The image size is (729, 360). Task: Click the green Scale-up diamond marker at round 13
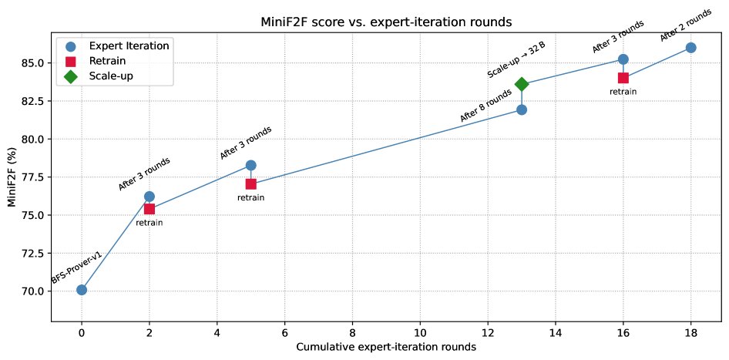[x=522, y=84]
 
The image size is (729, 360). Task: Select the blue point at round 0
[x=82, y=290]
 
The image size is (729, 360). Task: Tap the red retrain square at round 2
[x=149, y=209]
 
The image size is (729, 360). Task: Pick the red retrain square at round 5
[x=250, y=184]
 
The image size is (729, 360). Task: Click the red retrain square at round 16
[x=623, y=78]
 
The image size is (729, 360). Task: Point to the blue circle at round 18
[x=690, y=48]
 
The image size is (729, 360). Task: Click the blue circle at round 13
[x=522, y=109]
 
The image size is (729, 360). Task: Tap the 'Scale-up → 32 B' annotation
[x=516, y=59]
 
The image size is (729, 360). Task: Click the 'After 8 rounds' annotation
[x=485, y=106]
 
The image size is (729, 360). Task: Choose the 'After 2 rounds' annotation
[x=685, y=25]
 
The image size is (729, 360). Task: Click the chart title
[x=386, y=22]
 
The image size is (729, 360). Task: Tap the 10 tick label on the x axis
[x=420, y=331]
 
